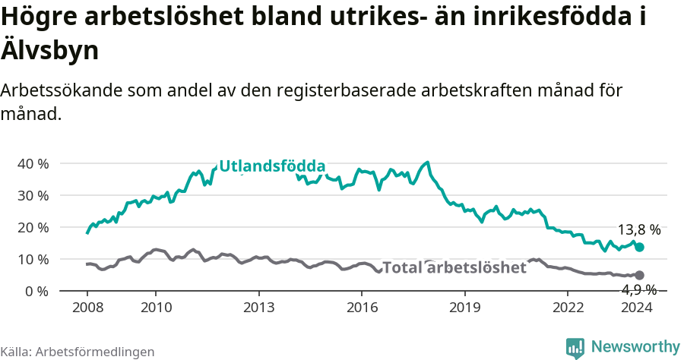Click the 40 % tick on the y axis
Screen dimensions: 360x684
point(33,163)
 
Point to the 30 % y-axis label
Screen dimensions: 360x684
point(33,195)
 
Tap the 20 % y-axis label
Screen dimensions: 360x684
point(33,227)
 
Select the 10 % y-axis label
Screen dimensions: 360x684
point(33,259)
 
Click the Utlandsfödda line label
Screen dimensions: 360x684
point(272,166)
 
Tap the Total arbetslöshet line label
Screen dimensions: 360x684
point(454,267)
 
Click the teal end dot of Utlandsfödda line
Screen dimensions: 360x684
point(639,247)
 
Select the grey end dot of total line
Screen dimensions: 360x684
point(639,275)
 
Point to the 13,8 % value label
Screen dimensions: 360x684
point(638,230)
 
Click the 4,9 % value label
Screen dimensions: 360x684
point(638,289)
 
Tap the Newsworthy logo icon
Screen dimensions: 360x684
point(575,347)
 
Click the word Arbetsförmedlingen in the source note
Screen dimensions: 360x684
point(95,352)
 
